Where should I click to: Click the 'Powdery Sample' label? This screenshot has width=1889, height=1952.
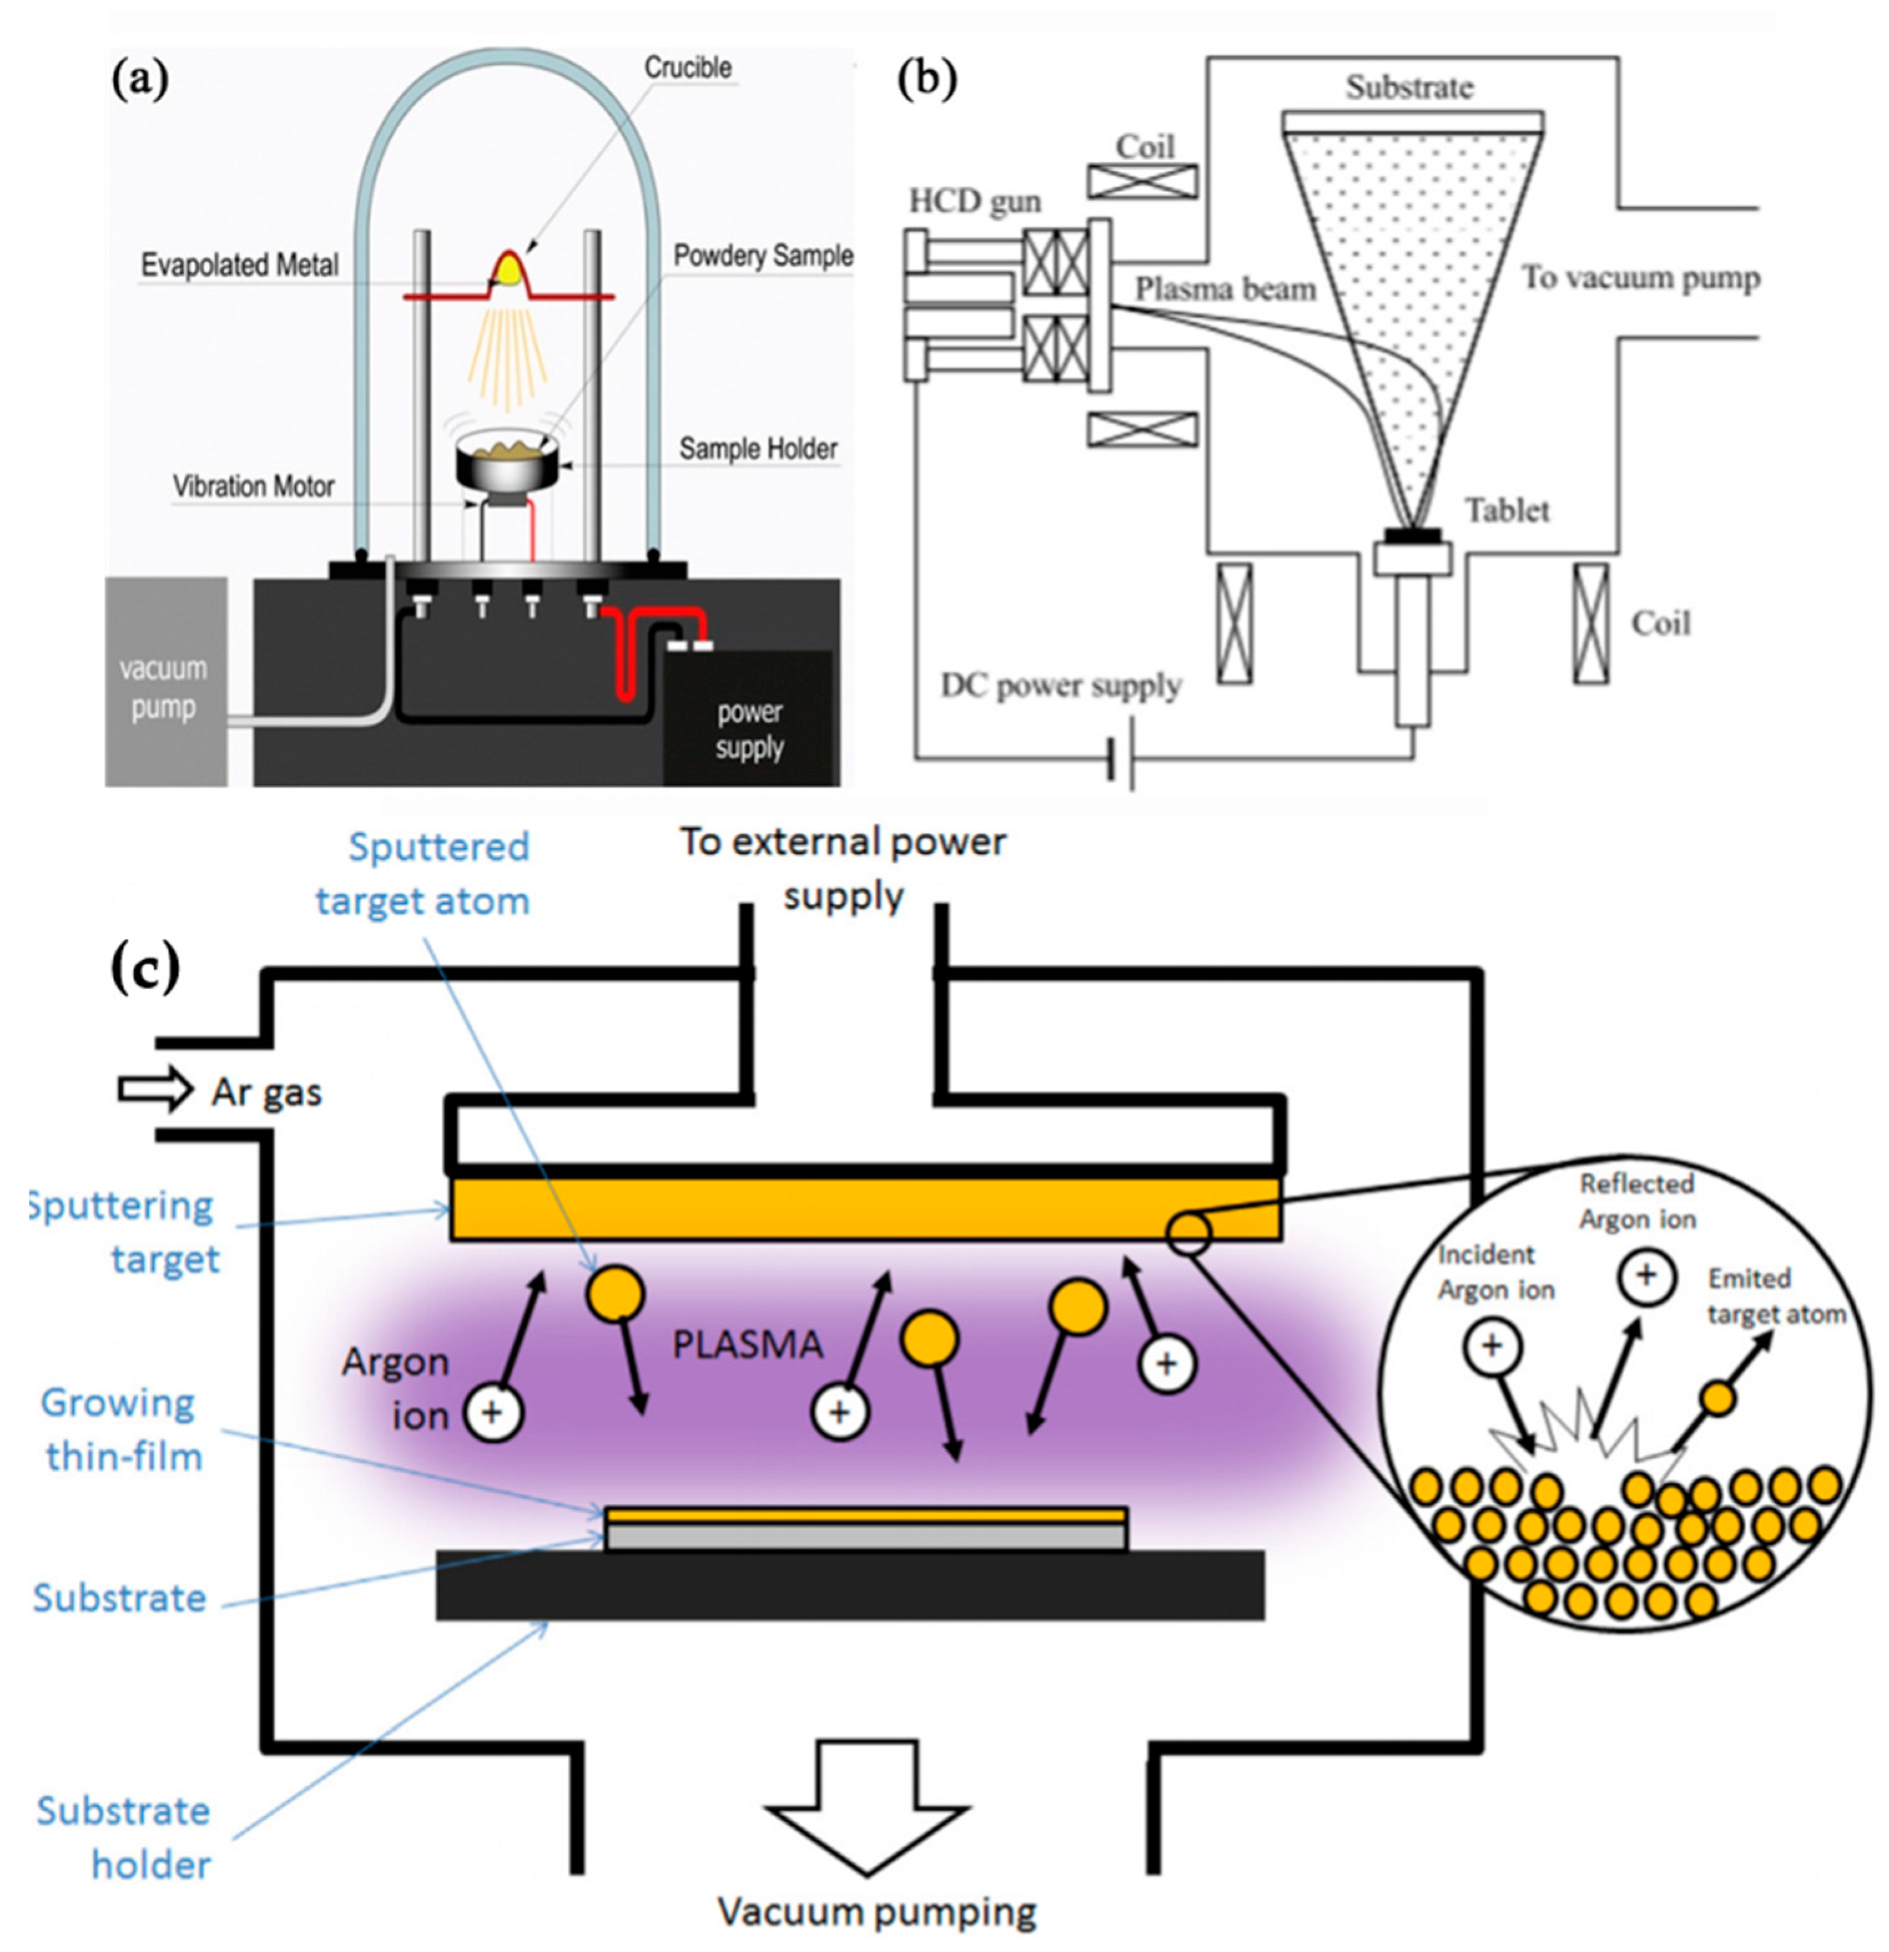pos(761,256)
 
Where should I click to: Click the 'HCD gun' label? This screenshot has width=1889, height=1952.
pos(974,202)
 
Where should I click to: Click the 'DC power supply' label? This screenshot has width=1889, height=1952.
pos(1061,686)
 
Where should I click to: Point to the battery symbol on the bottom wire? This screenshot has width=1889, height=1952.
pos(1121,763)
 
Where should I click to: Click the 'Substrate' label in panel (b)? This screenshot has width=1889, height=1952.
pos(1408,87)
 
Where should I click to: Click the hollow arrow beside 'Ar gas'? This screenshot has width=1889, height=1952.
pos(154,1089)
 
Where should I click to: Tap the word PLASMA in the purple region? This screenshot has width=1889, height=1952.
pos(747,1344)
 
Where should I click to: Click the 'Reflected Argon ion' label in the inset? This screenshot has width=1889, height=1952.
pos(1636,1201)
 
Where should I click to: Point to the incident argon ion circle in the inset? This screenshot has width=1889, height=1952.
pos(1490,1346)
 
